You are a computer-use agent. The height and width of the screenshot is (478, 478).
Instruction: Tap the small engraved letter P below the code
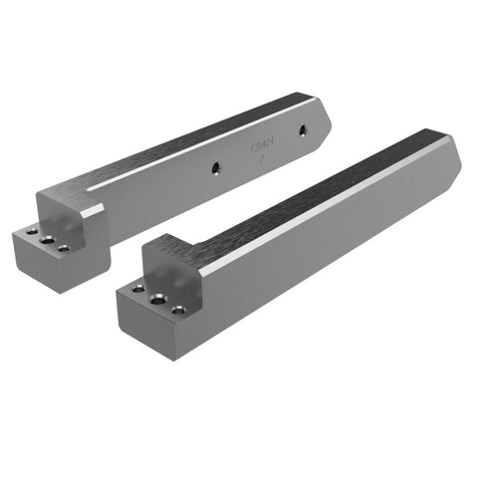260,158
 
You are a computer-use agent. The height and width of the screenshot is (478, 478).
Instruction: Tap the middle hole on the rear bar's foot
46,238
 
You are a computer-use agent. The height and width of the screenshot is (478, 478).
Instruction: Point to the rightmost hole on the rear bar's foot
64,248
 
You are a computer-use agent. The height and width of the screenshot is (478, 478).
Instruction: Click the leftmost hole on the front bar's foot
137,290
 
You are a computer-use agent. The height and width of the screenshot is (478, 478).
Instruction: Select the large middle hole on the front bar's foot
154,298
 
